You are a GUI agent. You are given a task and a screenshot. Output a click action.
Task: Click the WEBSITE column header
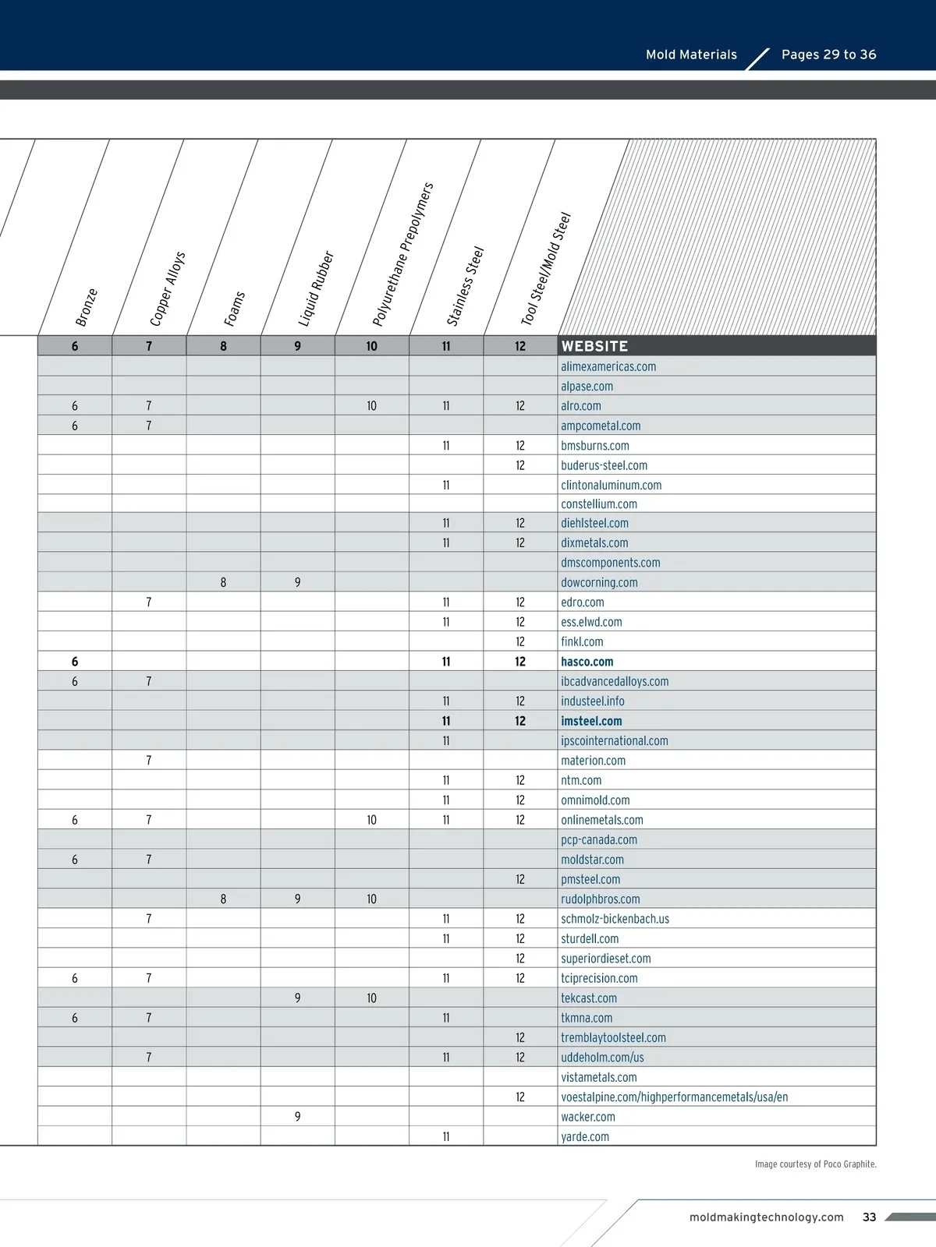[x=594, y=346]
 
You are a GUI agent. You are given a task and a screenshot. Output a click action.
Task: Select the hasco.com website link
[x=587, y=662]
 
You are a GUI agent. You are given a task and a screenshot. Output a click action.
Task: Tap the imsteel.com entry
[x=591, y=721]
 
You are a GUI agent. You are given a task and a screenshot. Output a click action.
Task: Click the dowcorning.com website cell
[x=599, y=582]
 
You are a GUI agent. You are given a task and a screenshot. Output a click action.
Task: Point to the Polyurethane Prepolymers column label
[x=402, y=255]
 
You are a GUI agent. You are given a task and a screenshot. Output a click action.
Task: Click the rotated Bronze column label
[x=87, y=307]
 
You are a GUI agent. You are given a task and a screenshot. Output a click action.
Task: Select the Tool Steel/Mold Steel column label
[x=546, y=269]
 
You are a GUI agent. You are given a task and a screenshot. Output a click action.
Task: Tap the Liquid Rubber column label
[x=316, y=288]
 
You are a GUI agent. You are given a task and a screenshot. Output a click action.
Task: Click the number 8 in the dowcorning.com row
[x=223, y=582]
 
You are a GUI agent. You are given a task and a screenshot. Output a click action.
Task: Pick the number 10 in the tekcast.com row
[x=371, y=998]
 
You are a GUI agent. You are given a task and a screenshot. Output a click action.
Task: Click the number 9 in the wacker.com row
[x=297, y=1117]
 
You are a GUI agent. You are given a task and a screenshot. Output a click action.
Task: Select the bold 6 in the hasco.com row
[x=75, y=662]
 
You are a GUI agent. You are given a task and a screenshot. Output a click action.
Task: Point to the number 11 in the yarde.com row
[x=446, y=1137]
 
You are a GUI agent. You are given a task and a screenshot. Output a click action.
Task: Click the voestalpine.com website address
[x=674, y=1097]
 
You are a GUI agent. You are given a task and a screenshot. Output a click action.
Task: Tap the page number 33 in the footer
[x=869, y=1217]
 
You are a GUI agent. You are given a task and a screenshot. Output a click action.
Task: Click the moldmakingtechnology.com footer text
[x=766, y=1217]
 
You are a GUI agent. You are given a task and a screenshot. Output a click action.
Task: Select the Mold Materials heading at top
[x=691, y=55]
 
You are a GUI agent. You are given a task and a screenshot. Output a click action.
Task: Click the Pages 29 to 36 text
[x=828, y=55]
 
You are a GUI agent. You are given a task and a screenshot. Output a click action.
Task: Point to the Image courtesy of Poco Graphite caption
[x=815, y=1164]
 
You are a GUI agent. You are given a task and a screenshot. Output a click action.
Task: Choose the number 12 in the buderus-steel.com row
[x=520, y=465]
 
